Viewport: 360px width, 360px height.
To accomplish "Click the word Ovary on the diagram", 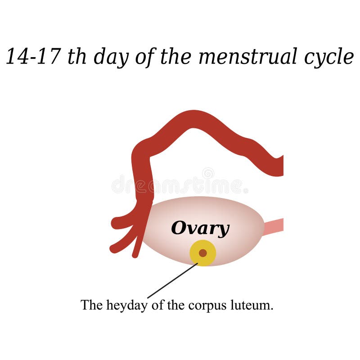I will coord(200,229).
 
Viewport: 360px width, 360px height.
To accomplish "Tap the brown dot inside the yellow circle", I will coord(203,253).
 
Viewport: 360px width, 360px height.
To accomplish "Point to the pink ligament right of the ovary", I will coord(274,226).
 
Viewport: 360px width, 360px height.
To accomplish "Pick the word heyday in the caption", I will coord(123,306).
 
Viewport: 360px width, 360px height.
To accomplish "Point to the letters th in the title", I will coord(76,57).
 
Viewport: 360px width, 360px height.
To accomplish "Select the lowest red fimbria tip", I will coord(135,254).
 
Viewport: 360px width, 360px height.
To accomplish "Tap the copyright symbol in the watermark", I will coord(208,173).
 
